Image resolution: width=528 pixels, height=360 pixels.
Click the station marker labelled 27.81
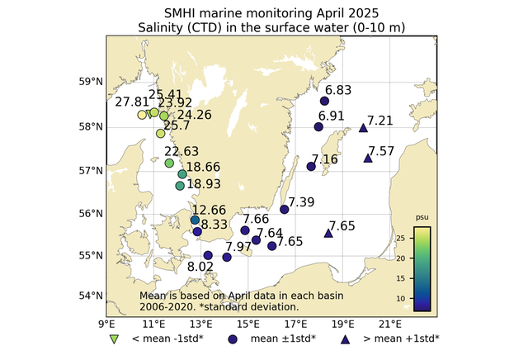pos(142,115)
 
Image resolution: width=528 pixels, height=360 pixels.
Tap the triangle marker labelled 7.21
pos(364,128)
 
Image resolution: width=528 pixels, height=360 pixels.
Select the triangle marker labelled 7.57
pos(368,158)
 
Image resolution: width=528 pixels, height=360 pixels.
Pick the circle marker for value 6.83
pos(325,101)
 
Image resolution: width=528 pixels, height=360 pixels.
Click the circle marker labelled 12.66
pos(195,220)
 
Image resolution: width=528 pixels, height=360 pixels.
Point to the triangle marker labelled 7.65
pos(328,233)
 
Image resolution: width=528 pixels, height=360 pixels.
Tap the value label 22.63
pos(181,151)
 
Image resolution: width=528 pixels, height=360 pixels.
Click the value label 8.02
pos(200,267)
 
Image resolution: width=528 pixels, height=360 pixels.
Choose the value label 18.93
pos(203,183)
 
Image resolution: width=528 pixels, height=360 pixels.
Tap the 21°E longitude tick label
pos(391,323)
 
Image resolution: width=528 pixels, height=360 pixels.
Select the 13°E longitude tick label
pos(201,323)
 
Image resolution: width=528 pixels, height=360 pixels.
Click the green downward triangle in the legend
pos(115,339)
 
